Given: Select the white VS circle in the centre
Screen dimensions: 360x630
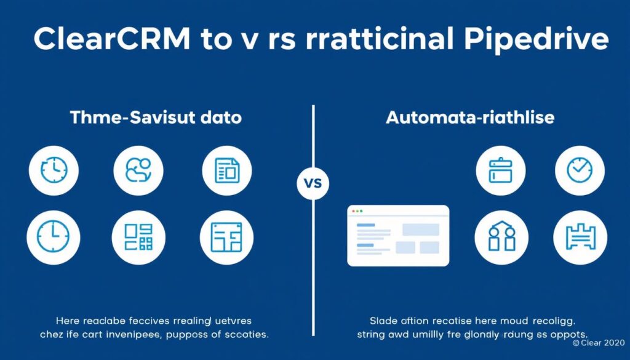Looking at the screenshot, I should [x=313, y=183].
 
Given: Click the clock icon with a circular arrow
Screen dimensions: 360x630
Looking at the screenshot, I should [x=54, y=170].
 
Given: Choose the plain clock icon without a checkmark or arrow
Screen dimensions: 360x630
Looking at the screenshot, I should [x=53, y=238].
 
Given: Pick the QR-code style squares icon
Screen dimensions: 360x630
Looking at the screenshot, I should [x=138, y=238].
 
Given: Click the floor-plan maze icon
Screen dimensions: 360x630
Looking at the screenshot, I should [x=226, y=238].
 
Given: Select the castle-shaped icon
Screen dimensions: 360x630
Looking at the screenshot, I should [x=580, y=238].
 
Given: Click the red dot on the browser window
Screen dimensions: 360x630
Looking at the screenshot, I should [x=353, y=211].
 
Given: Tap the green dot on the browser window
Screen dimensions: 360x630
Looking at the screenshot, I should [x=362, y=211].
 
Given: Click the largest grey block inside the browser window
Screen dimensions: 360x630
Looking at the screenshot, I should [x=421, y=230].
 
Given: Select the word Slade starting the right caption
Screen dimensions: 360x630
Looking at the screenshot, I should [x=383, y=320].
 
